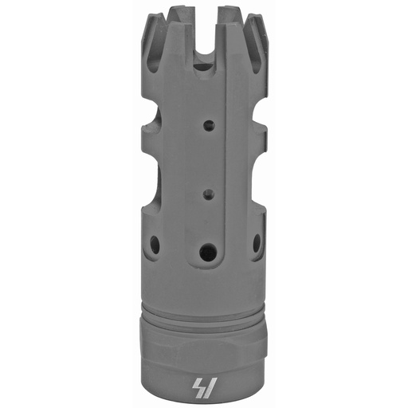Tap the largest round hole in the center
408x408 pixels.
point(208,253)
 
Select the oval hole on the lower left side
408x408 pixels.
point(155,245)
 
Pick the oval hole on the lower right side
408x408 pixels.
point(257,244)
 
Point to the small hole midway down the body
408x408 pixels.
point(208,192)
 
